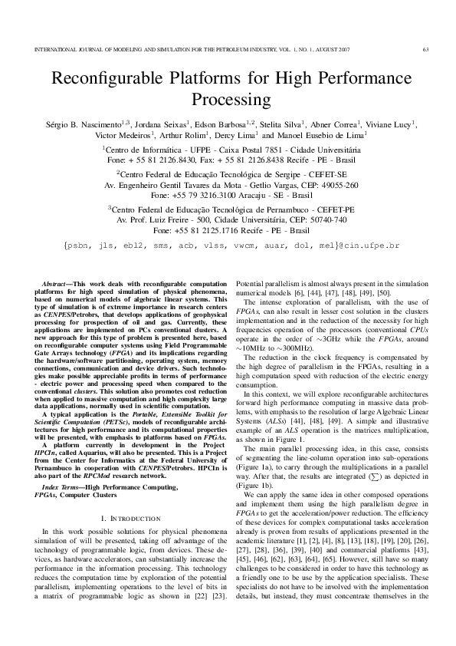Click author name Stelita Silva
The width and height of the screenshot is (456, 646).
(x=280, y=124)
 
